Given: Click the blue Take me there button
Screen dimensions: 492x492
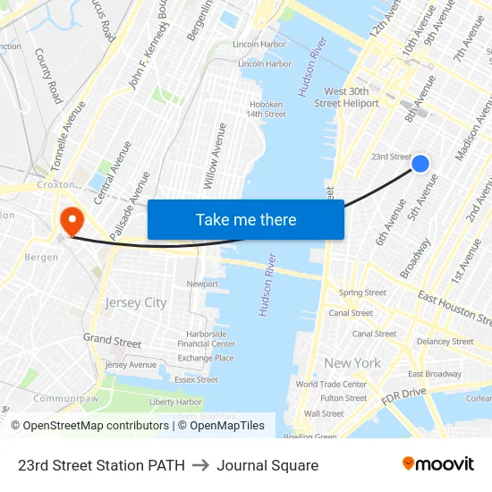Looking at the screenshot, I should tap(245, 219).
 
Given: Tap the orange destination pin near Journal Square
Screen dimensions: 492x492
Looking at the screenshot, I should tap(70, 220).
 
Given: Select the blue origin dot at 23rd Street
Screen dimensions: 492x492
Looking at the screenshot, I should tap(420, 163).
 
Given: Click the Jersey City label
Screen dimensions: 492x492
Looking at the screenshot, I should tap(136, 302).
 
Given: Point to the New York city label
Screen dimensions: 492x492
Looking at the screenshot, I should tap(352, 363).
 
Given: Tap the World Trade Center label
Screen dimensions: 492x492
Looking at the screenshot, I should tap(331, 385).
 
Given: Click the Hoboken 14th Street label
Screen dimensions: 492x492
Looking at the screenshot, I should tap(267, 109).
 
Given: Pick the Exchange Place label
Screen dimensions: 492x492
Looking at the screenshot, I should tap(206, 358).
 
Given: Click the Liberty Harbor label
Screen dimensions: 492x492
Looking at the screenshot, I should tap(175, 402).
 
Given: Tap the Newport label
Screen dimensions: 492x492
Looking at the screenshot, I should tap(202, 284).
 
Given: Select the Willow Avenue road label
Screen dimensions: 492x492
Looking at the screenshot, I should tap(215, 156).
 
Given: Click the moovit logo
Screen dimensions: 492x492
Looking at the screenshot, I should tap(438, 463).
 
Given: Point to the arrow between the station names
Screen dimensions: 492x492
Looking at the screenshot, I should tap(200, 465).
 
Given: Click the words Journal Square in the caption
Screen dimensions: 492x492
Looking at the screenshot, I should tap(267, 465).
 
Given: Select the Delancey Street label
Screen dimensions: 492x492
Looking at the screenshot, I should tap(445, 341).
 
